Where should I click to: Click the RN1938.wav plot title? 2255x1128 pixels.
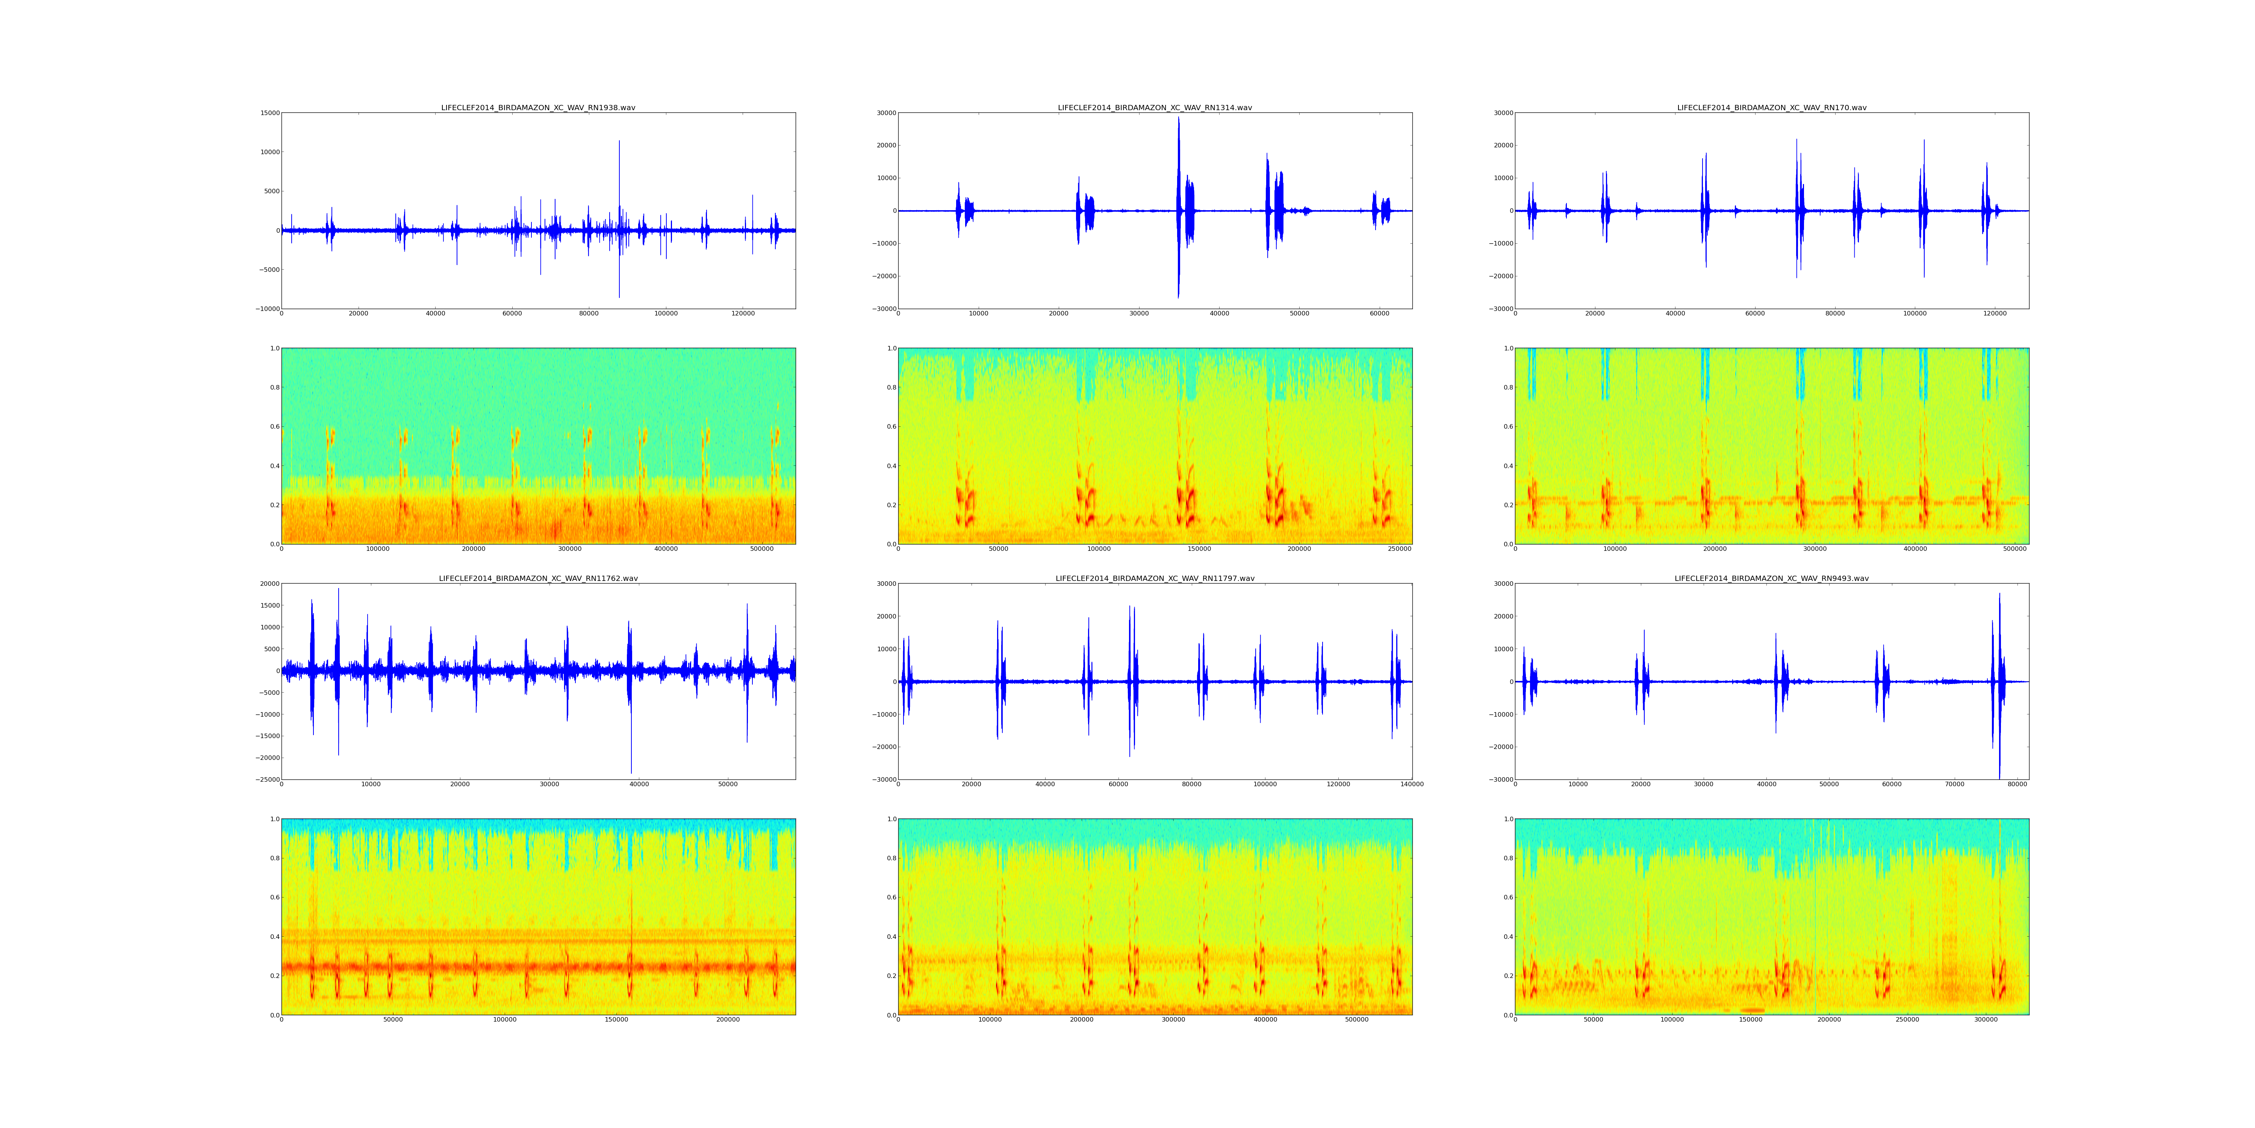tap(537, 108)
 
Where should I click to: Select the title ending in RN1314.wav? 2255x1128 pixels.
tap(1155, 108)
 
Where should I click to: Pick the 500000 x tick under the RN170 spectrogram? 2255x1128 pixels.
tap(2014, 549)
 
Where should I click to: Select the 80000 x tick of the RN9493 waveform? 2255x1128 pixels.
tap(2017, 785)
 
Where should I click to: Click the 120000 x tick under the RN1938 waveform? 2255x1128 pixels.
tap(742, 314)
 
